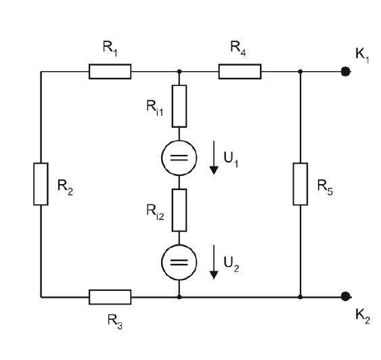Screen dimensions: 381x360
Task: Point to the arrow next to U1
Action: click(x=214, y=158)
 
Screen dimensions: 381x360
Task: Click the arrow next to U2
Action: click(x=214, y=262)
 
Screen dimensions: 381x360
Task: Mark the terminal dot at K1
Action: click(x=346, y=72)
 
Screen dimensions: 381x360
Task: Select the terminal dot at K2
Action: click(x=346, y=296)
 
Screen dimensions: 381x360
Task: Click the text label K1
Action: click(x=362, y=55)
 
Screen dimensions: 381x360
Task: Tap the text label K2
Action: click(x=363, y=316)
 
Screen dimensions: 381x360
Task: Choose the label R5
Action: click(x=325, y=187)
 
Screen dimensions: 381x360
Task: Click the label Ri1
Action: click(x=155, y=108)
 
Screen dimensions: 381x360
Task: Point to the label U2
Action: click(x=231, y=265)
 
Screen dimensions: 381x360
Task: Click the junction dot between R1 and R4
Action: click(x=179, y=72)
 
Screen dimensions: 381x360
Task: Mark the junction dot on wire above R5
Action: click(x=300, y=72)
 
